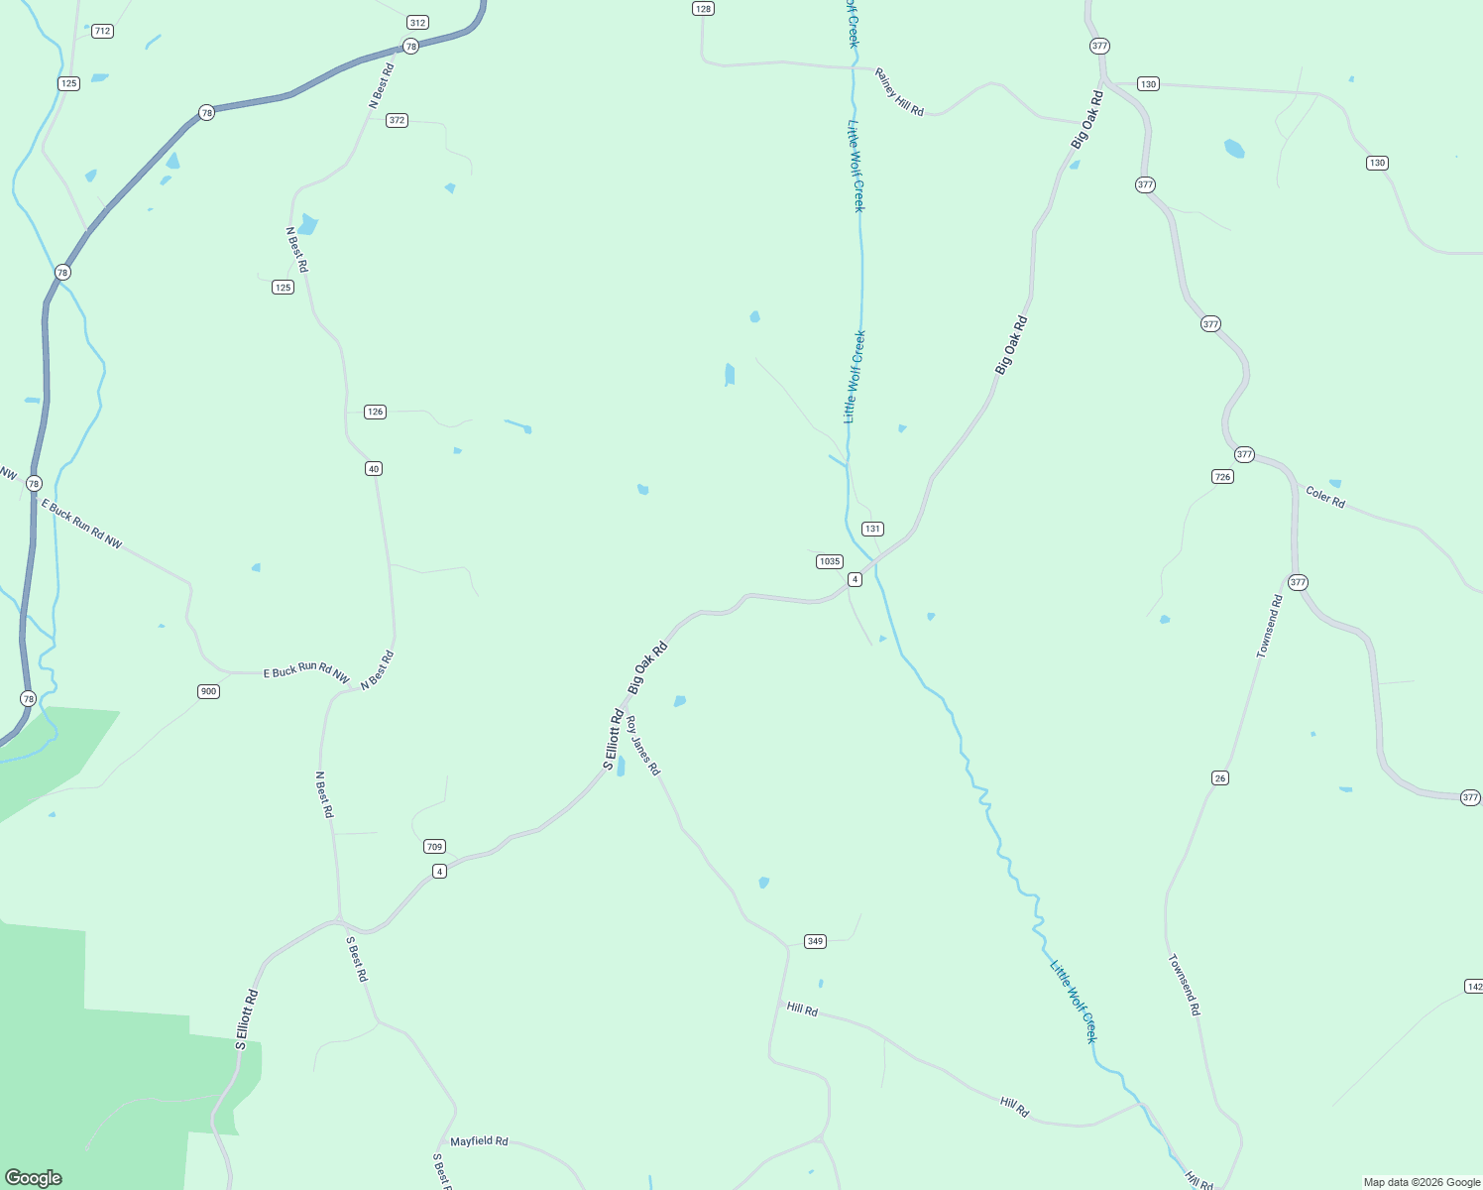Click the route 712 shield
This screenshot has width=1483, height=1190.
point(102,31)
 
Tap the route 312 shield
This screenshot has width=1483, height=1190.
point(417,22)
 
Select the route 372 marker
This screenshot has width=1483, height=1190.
point(397,120)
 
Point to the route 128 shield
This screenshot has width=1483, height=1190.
point(702,8)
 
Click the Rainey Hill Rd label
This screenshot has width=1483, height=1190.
point(899,92)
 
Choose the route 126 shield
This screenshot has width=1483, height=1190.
point(374,412)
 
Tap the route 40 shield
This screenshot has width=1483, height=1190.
point(373,468)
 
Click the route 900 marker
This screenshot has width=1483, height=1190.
point(207,691)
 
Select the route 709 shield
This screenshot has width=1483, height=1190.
point(433,846)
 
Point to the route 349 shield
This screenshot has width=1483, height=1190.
point(815,941)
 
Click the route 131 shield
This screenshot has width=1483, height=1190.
point(872,529)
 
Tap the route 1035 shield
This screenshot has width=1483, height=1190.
point(829,561)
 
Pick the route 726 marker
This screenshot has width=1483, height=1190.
point(1222,477)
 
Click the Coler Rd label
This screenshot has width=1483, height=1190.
point(1325,497)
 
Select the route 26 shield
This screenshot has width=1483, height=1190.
point(1220,777)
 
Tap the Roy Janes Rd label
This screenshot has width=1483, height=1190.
point(643,746)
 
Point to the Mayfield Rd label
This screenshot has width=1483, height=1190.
point(479,1141)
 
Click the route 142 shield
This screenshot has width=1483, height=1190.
point(1473,986)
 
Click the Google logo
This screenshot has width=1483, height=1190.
point(33,1178)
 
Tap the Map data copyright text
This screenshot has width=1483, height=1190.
point(1422,1182)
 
